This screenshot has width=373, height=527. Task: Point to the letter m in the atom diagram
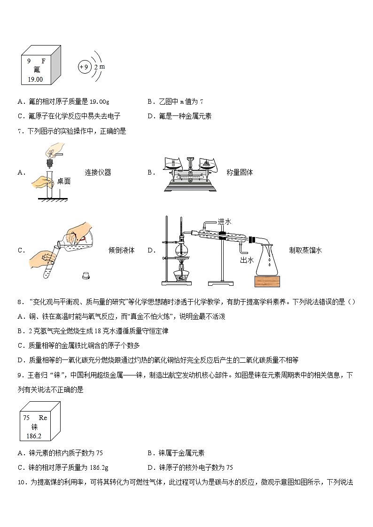click(x=102, y=66)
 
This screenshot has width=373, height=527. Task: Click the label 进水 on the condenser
click(x=224, y=221)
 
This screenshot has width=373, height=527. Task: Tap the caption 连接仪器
click(x=98, y=172)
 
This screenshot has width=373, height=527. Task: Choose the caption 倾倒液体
click(x=121, y=250)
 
